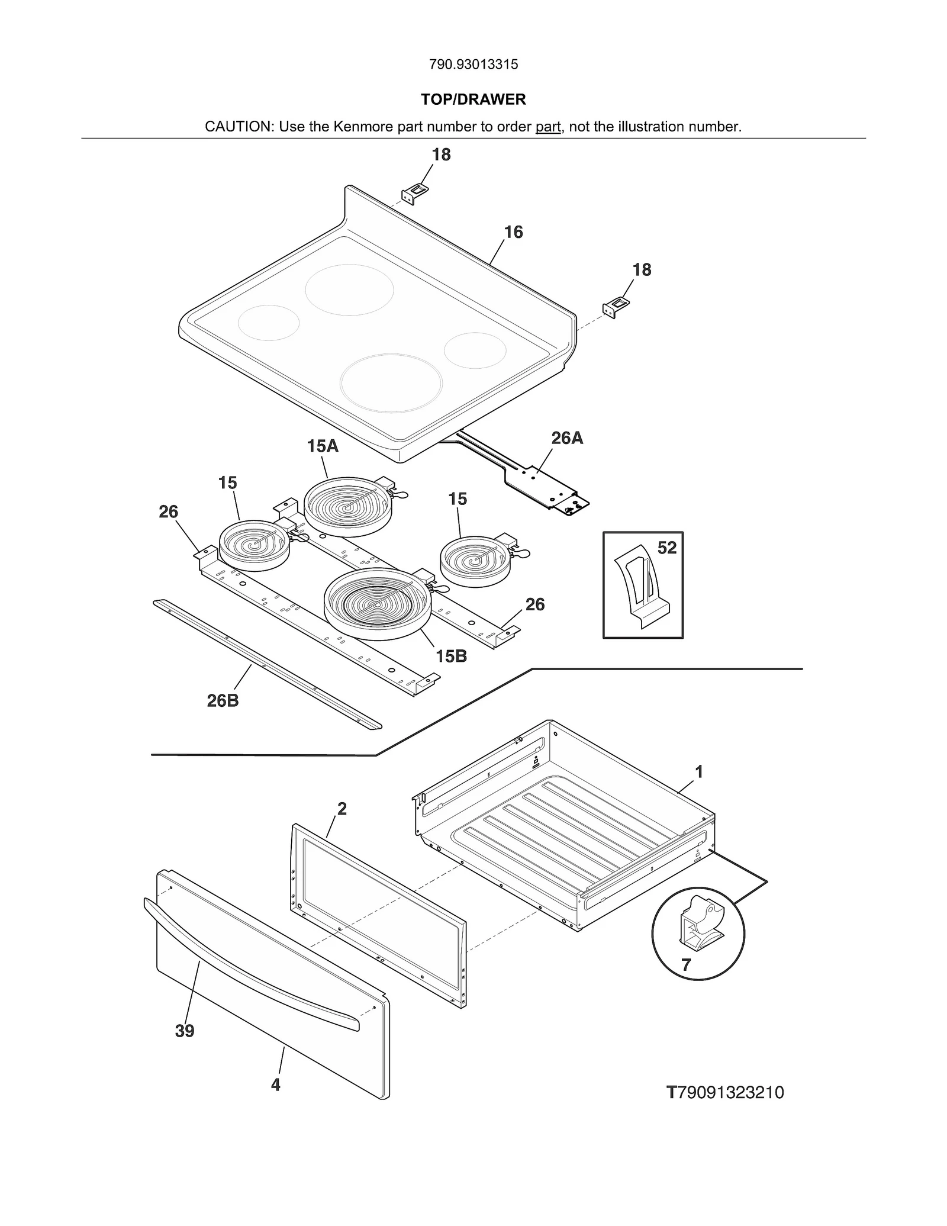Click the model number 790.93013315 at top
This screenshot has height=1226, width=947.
pos(474,65)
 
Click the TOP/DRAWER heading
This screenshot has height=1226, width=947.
pos(474,99)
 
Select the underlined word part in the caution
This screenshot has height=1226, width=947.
pos(548,127)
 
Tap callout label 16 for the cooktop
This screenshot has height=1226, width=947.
pos(513,232)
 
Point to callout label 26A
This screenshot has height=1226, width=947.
pos(567,438)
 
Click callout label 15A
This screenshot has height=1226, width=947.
pos(323,446)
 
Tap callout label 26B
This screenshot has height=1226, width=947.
pos(223,701)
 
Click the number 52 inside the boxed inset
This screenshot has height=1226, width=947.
pos(667,548)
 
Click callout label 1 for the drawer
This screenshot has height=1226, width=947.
pos(699,772)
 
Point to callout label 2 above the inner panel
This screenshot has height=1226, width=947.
pos(342,809)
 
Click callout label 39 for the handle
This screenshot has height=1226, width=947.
pos(185,1031)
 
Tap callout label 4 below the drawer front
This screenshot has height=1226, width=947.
pos(276,1085)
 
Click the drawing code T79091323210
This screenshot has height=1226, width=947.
pos(725,1092)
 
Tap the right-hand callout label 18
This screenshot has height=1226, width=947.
pos(642,270)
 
